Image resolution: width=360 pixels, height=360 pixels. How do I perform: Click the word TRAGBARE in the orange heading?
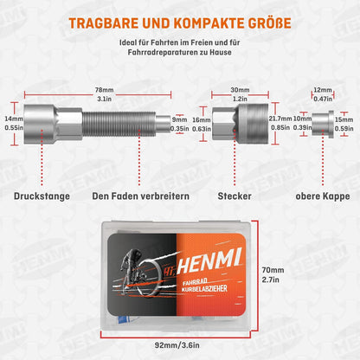[104, 23]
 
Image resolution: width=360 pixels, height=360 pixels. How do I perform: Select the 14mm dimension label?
[14, 119]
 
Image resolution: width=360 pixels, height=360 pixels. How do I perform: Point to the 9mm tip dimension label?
[179, 119]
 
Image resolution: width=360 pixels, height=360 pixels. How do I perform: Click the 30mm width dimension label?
[240, 90]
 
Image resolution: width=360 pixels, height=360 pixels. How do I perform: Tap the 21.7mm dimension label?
[280, 119]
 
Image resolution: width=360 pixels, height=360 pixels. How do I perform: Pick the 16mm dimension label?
[202, 119]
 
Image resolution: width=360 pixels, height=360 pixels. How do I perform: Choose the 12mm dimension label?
[323, 90]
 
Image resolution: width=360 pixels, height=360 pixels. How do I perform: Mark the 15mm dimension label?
[344, 119]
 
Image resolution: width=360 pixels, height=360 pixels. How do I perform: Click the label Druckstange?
[42, 196]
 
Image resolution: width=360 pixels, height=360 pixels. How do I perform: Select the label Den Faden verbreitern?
[141, 196]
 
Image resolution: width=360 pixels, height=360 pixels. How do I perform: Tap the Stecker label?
[235, 196]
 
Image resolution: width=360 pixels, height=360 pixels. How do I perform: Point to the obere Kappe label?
[323, 196]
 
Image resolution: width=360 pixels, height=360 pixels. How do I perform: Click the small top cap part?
[323, 125]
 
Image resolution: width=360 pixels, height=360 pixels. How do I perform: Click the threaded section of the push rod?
[119, 124]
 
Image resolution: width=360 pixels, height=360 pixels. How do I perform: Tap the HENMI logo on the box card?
[209, 263]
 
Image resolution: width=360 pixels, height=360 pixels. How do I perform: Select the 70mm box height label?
[273, 270]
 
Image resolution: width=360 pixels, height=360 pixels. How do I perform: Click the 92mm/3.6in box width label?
[177, 345]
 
